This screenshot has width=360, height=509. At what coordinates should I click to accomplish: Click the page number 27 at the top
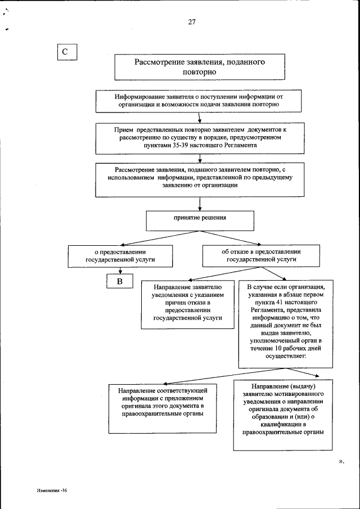point(192,23)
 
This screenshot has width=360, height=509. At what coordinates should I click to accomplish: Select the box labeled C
point(65,52)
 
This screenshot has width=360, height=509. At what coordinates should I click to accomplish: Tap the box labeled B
point(120,281)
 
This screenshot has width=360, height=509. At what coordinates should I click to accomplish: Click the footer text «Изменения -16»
point(52,490)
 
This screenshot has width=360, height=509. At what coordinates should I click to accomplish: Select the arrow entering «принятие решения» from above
point(200,207)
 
